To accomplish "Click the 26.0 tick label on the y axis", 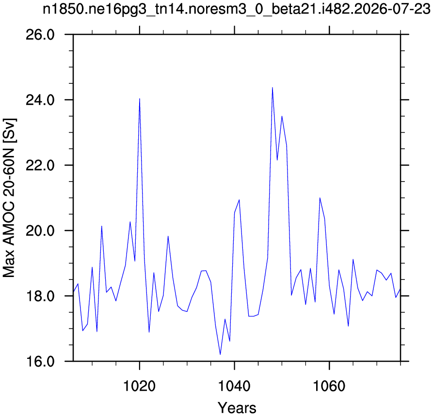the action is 40,35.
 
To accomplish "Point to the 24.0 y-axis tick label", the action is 40,100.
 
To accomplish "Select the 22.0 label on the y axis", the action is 40,165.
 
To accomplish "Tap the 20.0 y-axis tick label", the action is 40,231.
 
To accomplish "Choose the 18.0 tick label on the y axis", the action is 40,296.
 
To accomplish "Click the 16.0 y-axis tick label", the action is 40,361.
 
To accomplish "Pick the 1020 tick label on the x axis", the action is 140,386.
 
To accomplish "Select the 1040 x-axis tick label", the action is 234,386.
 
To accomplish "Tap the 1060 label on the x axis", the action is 329,386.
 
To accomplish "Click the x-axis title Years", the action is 237,407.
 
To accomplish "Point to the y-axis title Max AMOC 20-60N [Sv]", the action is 9,198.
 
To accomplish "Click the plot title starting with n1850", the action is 237,9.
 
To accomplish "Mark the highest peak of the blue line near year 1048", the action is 273,88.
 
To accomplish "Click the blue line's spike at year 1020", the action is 140,98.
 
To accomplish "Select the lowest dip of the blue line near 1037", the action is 220,354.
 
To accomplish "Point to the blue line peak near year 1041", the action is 239,200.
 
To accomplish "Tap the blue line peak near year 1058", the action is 320,198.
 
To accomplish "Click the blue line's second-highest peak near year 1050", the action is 282,116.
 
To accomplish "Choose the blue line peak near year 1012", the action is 102,226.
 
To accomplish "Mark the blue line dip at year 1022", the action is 149,332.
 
